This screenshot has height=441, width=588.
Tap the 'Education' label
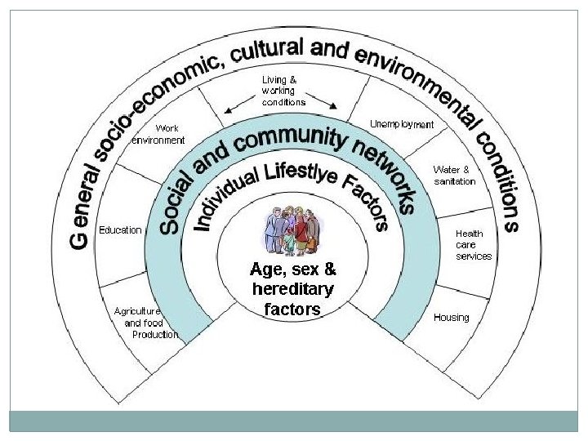tap(120, 230)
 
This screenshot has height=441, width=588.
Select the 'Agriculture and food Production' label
tap(146, 323)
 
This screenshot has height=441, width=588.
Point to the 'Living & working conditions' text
tap(283, 91)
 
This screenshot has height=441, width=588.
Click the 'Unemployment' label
tap(402, 124)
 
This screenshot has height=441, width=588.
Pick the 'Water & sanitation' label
tap(455, 176)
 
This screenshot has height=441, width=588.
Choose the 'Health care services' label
tap(474, 244)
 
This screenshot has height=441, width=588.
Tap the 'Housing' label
tap(452, 317)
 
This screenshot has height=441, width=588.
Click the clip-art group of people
tap(293, 232)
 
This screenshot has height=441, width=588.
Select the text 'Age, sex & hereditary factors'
tap(293, 288)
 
